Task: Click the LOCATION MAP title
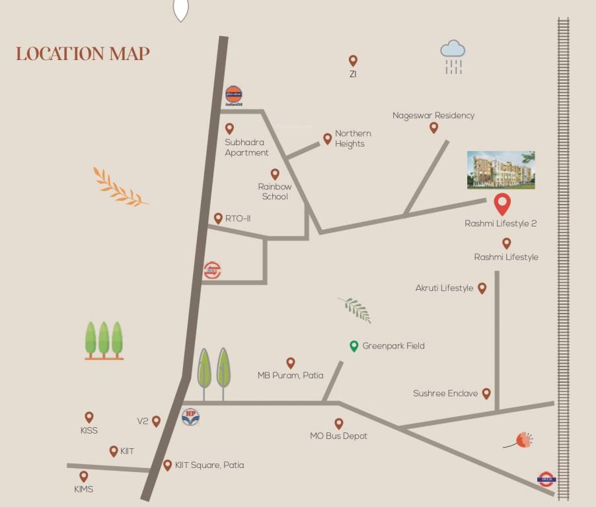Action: coord(83,53)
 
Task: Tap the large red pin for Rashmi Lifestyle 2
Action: coord(502,204)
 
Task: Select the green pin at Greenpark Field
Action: coord(354,346)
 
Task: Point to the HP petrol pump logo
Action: coord(190,417)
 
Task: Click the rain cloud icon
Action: coord(453,55)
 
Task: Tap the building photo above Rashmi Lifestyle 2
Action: coord(501,170)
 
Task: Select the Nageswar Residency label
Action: coord(433,116)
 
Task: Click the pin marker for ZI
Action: coord(353,61)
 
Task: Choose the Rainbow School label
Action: coord(275,191)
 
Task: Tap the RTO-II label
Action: coord(238,219)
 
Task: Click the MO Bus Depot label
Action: coord(338,436)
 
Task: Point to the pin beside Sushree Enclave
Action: coord(486,393)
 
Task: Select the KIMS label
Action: coord(84,489)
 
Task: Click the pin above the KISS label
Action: coord(89,417)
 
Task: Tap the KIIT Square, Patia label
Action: coord(209,465)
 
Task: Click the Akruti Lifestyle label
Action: coord(444,288)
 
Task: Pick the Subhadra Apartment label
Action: coord(246,147)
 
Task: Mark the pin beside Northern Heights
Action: coord(327,139)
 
